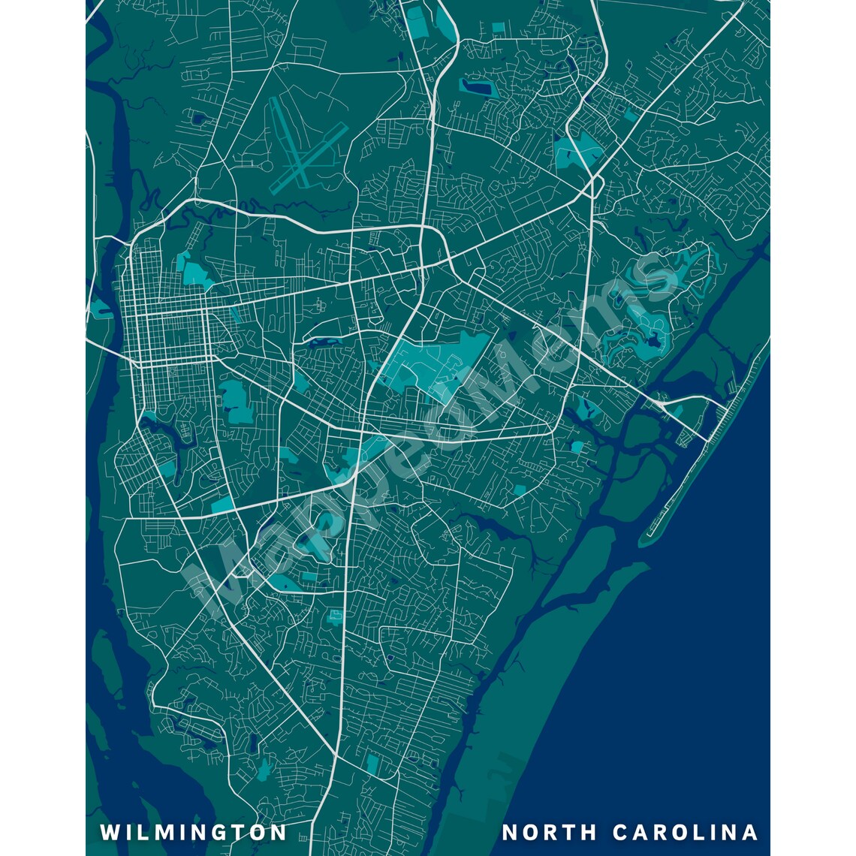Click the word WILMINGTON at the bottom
pyautogui.click(x=193, y=832)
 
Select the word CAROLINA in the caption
pyautogui.click(x=686, y=832)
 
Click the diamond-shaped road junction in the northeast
pyautogui.click(x=593, y=185)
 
